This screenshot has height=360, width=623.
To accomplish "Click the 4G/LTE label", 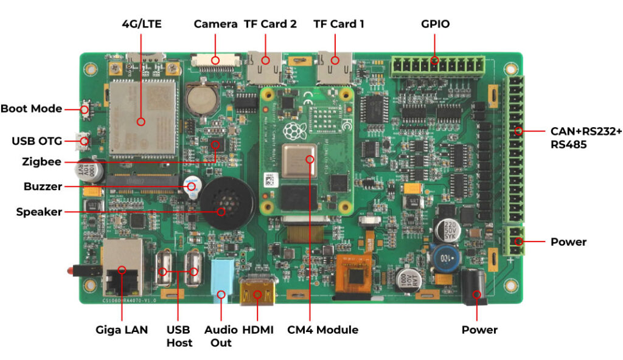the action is (x=142, y=24).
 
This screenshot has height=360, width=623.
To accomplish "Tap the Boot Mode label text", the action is (x=32, y=108).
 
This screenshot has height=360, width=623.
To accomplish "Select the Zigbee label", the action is (x=42, y=162).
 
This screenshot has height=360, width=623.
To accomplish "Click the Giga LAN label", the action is (x=122, y=330).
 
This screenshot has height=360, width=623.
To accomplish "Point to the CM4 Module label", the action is (x=322, y=330).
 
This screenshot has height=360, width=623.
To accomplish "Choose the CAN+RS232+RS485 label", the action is (x=586, y=137).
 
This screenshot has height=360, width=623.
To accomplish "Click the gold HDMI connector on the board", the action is (x=257, y=291).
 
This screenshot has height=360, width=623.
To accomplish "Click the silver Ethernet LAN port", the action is (x=123, y=267).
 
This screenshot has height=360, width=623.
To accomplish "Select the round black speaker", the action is (x=228, y=202).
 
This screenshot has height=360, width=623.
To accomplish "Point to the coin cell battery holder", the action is (x=203, y=97).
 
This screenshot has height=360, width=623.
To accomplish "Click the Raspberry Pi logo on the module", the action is (x=294, y=131).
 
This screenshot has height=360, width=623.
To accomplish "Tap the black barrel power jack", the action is (x=475, y=286).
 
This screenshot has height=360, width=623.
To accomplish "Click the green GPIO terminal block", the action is (x=437, y=66).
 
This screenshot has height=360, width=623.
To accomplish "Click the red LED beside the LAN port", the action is (x=71, y=271).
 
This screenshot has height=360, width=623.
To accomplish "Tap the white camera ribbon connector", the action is (x=216, y=61).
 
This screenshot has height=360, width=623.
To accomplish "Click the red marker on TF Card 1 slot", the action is (x=335, y=60).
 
